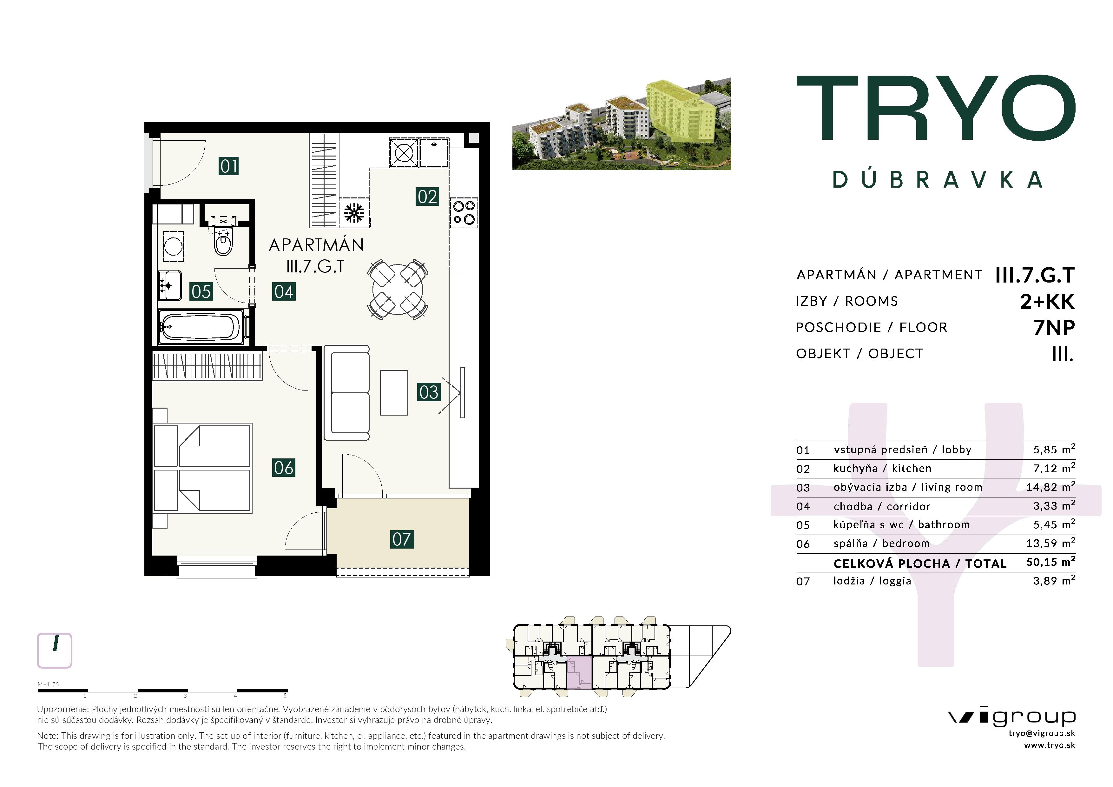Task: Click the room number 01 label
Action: click(x=229, y=166)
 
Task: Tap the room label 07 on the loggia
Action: click(x=402, y=539)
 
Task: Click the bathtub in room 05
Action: click(x=201, y=326)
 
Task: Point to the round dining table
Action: click(x=398, y=290)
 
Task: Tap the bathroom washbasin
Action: click(x=170, y=286)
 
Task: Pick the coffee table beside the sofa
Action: click(x=394, y=393)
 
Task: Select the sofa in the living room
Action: click(x=346, y=393)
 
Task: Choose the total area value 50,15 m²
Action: click(x=1050, y=562)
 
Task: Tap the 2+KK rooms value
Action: click(x=1047, y=301)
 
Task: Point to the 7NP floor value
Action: click(x=1054, y=328)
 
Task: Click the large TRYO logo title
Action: click(x=936, y=107)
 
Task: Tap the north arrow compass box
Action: click(x=55, y=650)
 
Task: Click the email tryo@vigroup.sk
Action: click(x=1042, y=734)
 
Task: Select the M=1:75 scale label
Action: click(x=49, y=684)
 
